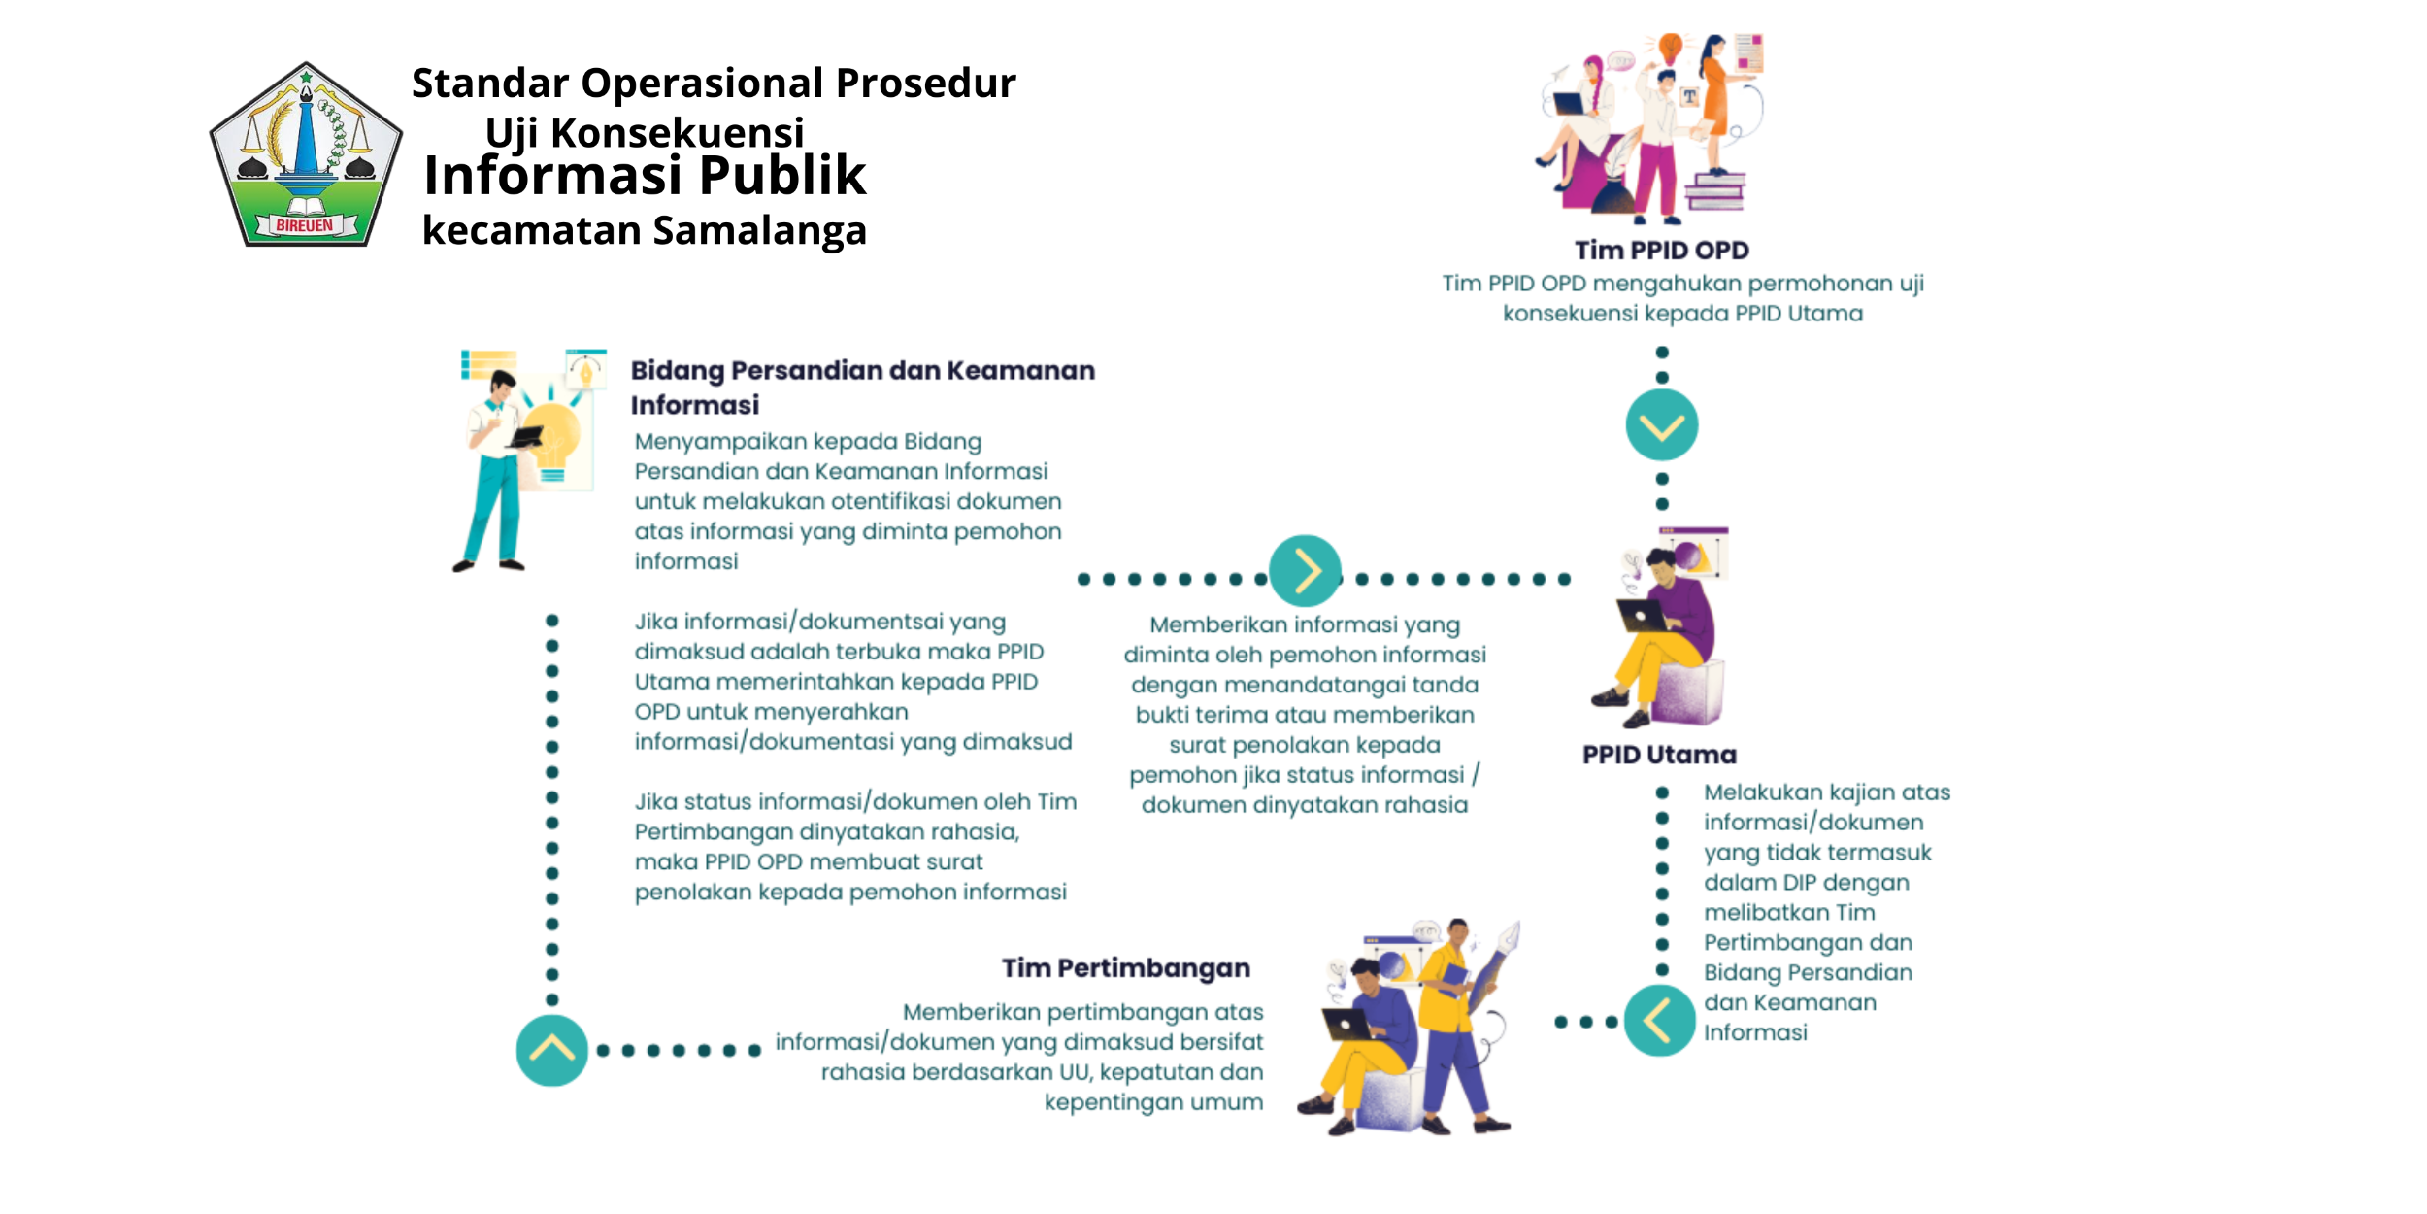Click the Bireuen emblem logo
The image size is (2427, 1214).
306,155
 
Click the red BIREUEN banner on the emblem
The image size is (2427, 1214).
305,225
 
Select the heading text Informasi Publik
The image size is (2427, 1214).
645,176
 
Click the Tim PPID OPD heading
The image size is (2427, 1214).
1661,251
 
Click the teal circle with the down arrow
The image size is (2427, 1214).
1661,425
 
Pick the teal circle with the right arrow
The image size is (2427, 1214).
1305,571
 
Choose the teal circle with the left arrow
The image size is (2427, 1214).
1659,1021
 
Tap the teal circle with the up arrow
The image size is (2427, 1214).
551,1050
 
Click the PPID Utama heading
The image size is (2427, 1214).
1659,755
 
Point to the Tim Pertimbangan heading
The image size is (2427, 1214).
1125,968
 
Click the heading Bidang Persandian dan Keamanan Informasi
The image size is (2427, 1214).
862,387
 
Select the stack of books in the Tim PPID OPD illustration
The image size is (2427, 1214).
1714,191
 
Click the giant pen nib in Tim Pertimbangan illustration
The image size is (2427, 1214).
1508,938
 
